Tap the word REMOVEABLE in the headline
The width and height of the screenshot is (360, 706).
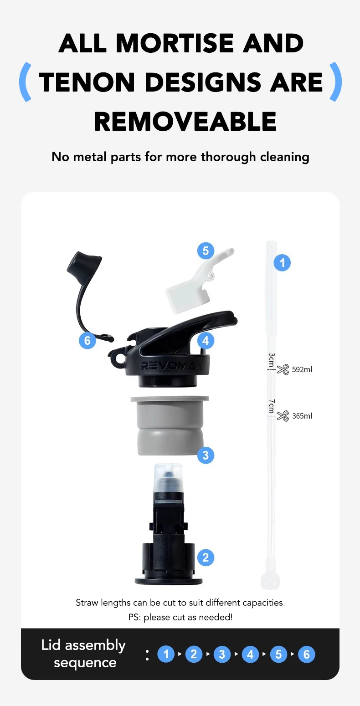coord(185,122)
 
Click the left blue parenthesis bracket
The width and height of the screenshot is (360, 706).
coord(26,82)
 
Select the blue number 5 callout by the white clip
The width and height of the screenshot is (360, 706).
coord(206,251)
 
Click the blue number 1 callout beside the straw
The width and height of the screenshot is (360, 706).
coord(282,262)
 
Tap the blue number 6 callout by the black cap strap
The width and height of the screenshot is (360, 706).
coord(87,341)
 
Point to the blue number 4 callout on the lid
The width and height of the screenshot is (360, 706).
coord(206,341)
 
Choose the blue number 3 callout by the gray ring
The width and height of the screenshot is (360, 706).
coord(206,455)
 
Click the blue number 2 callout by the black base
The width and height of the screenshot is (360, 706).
coord(206,558)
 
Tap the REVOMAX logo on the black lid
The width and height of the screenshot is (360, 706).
coord(172,366)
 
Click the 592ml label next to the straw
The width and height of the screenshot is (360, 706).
coord(302,369)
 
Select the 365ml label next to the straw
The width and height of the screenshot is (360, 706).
coord(302,416)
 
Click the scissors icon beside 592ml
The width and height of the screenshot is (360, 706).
coord(283,369)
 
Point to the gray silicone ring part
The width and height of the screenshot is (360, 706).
coord(170,425)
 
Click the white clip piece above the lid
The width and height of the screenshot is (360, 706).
coord(199,281)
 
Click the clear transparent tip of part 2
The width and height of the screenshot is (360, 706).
coord(168,477)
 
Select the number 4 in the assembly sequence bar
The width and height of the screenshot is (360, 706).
coord(250,655)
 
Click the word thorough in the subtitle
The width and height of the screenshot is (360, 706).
coord(228,157)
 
